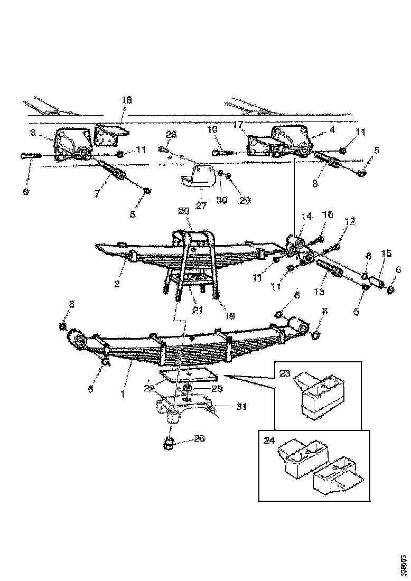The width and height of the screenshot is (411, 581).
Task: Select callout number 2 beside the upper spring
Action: (117, 284)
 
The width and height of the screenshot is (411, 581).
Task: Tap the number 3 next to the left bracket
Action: (33, 133)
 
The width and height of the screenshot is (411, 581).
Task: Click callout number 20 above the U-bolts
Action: (184, 211)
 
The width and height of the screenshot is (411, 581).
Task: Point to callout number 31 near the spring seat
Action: (241, 406)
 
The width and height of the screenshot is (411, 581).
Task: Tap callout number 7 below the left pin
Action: (97, 194)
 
